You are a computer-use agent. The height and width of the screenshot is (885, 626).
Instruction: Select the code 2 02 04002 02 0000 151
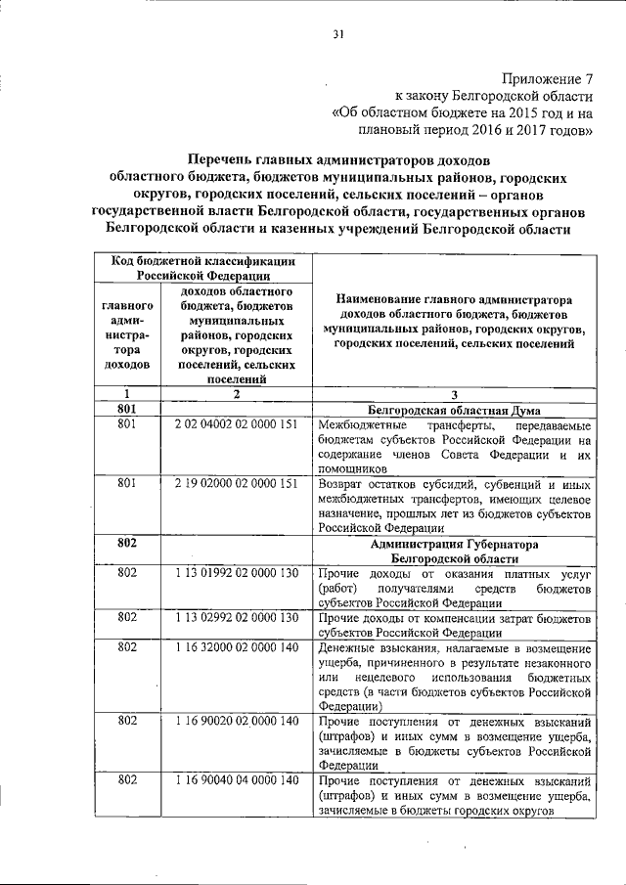point(235,426)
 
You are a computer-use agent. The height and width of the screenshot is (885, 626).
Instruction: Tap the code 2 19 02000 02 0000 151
point(235,483)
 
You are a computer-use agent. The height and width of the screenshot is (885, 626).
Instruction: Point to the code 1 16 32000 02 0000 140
point(235,646)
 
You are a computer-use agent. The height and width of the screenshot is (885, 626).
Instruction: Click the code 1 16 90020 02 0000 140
point(235,721)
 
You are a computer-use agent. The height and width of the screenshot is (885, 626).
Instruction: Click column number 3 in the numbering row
point(455,393)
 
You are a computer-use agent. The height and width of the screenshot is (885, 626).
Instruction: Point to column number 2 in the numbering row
point(236,393)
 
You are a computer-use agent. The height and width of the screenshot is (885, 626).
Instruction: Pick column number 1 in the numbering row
point(125,393)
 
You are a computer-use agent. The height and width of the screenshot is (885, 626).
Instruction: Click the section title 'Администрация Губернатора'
point(455,543)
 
